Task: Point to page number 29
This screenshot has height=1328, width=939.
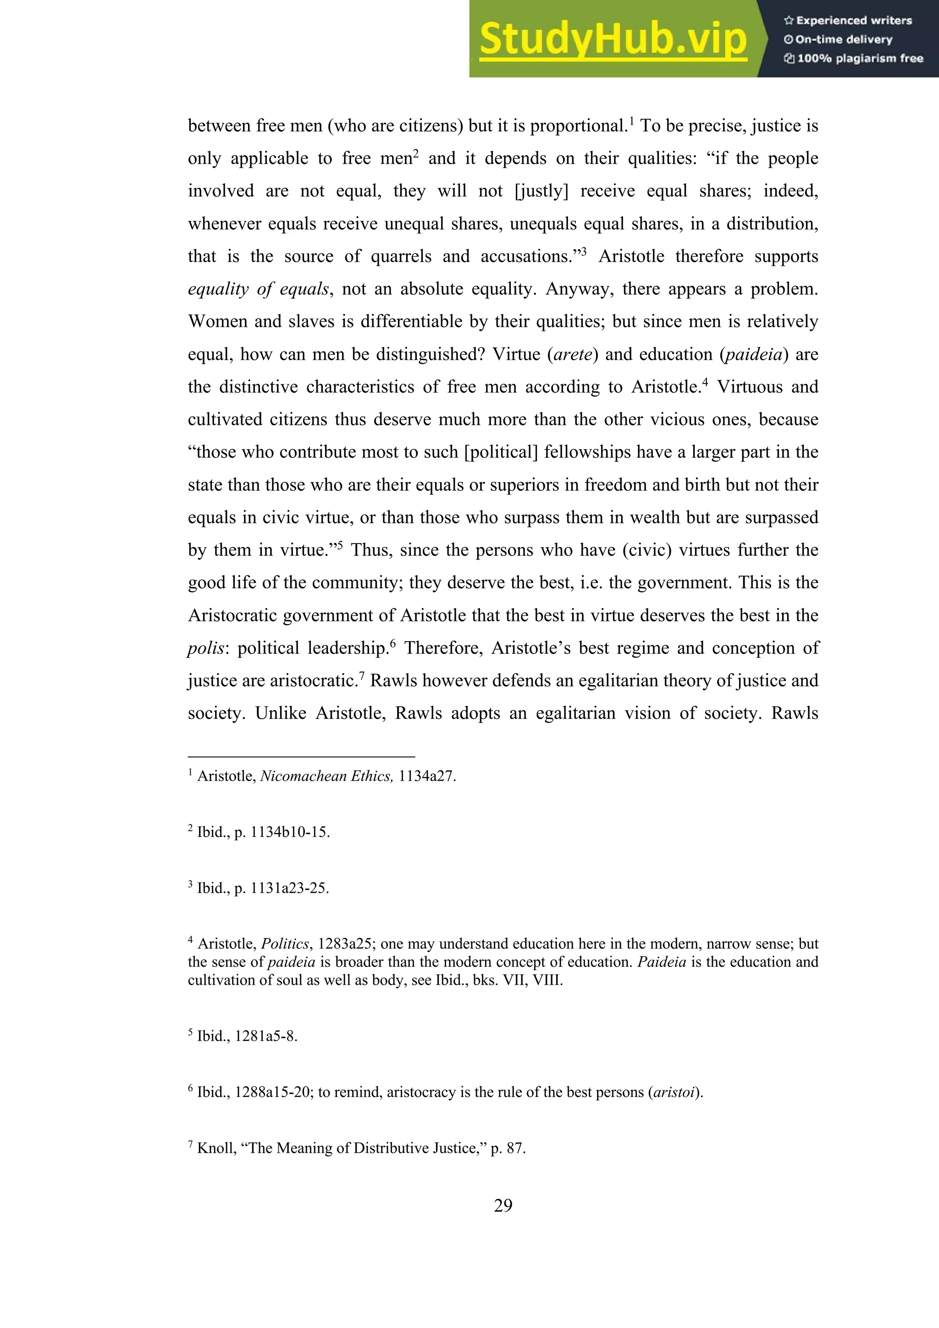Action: pyautogui.click(x=503, y=1205)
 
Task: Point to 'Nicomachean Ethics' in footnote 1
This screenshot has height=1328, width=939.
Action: pyautogui.click(x=326, y=776)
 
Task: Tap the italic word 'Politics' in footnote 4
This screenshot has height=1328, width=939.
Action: pyautogui.click(x=285, y=944)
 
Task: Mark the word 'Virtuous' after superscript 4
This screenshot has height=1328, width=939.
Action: pyautogui.click(x=749, y=387)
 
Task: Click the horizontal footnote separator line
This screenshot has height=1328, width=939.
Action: pyautogui.click(x=301, y=756)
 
